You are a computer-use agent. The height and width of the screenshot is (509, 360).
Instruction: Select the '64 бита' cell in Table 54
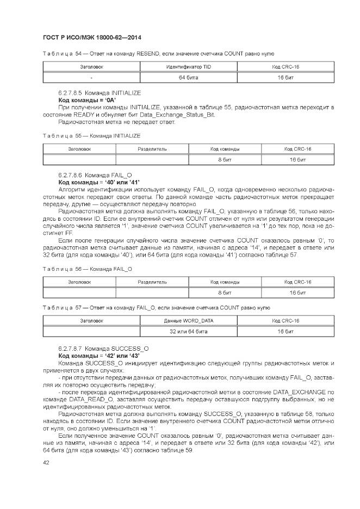point(188,78)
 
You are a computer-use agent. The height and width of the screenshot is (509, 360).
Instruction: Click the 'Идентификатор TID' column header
point(188,67)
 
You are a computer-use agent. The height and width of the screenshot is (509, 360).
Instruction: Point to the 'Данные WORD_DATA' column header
point(188,320)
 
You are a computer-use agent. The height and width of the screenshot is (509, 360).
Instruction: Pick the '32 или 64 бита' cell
point(188,331)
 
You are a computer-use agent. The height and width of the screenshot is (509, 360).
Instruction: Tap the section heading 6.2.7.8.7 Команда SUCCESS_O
point(103,347)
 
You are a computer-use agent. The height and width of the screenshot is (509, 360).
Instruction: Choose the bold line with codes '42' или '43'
point(99,355)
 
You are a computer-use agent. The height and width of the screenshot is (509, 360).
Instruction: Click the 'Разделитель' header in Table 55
point(152,148)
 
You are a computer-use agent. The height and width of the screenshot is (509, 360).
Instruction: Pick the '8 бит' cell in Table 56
point(225,293)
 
